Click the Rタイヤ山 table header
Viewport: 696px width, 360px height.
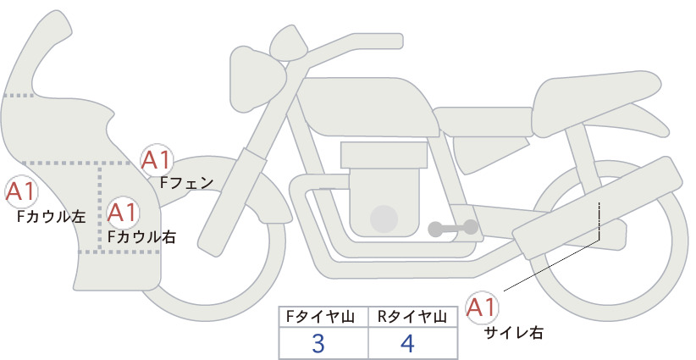(x=412, y=317)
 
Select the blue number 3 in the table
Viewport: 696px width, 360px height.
(x=318, y=343)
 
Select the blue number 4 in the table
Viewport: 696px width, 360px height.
(x=407, y=343)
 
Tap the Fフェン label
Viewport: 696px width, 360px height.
(x=186, y=182)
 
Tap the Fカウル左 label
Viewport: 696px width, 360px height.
(x=51, y=217)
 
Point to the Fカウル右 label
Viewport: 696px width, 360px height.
(x=142, y=237)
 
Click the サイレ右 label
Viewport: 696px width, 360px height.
(x=514, y=333)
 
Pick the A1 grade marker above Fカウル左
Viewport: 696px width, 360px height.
(x=21, y=192)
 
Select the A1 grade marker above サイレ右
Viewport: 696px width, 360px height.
(x=482, y=307)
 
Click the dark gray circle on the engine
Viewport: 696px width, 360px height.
(x=384, y=219)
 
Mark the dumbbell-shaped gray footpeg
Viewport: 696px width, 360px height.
(x=453, y=228)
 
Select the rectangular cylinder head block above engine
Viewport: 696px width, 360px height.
(x=384, y=155)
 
